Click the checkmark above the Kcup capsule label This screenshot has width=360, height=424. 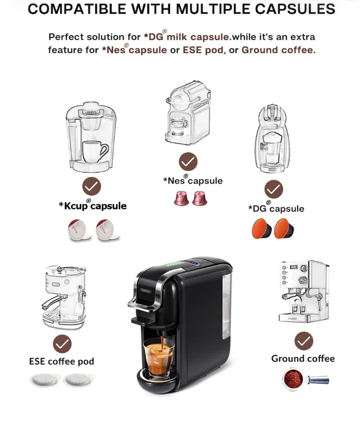pos(91,186)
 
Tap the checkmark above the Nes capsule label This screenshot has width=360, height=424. pos(188,161)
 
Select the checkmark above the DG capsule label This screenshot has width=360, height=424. pos(274,189)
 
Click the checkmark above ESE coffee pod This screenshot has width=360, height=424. pos(62,344)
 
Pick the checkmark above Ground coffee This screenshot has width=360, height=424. pos(304,341)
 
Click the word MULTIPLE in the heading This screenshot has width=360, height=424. pos(213,9)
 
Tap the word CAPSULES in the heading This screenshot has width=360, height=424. pos(295,9)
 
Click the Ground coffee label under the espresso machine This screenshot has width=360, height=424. pos(303,359)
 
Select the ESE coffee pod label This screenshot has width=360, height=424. pos(62,361)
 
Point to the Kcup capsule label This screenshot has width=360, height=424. pos(92,205)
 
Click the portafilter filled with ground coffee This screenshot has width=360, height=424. pos(305,378)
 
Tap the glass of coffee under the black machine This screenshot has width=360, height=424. pos(158,358)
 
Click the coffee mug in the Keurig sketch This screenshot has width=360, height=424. pos(95,152)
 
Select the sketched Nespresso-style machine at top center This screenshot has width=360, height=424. pos(188,113)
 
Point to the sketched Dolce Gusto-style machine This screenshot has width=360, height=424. pos(272,138)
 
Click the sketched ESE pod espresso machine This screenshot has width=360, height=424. pos(64,297)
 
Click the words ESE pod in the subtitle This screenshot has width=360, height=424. pos(203,50)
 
